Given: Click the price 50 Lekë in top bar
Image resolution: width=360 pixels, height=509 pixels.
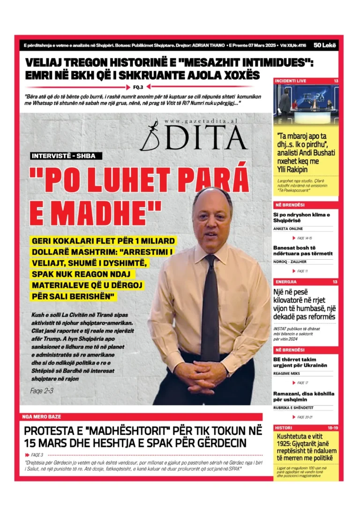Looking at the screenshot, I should [323, 45].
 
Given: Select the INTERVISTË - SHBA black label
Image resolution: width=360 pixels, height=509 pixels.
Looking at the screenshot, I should [66, 156].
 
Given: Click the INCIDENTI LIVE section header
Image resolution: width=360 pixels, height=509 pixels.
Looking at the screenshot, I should [291, 81].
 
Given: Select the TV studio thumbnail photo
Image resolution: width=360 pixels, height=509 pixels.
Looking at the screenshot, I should [306, 104].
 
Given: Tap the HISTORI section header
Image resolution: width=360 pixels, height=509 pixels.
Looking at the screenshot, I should [284, 427].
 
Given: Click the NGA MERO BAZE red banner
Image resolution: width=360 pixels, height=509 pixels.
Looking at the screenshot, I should [42, 416].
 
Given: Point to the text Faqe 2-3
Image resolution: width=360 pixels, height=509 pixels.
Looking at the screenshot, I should [42, 390].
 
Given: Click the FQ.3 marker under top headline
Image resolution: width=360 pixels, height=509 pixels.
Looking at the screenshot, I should [138, 87].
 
